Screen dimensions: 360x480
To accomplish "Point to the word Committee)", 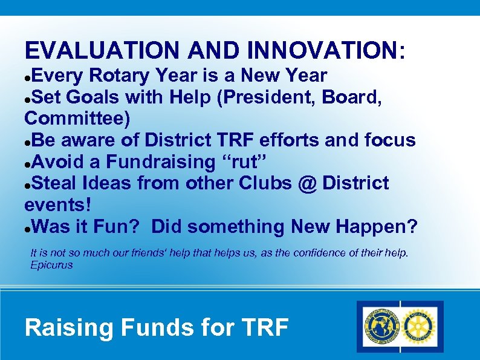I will click(x=77, y=119).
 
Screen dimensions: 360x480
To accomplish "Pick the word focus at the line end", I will click(x=390, y=140).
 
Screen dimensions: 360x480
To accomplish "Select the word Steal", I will click(x=56, y=183).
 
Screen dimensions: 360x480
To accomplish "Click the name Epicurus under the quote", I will click(x=51, y=265).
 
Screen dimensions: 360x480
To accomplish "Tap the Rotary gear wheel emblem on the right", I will click(x=419, y=326).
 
